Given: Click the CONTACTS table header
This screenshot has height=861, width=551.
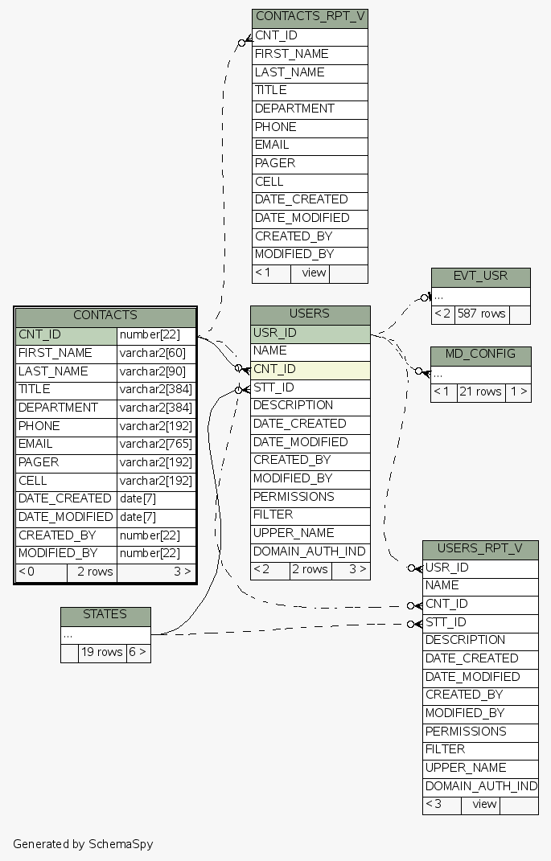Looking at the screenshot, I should [105, 316].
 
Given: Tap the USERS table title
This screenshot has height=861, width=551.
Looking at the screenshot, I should [310, 314].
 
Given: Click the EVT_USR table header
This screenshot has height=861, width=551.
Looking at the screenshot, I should [480, 277].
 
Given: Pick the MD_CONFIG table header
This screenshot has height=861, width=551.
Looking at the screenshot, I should [480, 355].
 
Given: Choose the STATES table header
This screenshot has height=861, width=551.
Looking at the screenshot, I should [105, 615].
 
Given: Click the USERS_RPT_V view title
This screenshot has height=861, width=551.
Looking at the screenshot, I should [479, 550].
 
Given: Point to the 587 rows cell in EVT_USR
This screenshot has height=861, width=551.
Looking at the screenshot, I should [482, 314].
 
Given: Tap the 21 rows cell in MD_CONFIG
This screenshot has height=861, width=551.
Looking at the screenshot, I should [480, 392].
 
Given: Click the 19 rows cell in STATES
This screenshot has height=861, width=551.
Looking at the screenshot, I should [102, 653].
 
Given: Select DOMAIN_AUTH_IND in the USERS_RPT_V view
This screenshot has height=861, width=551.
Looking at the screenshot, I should [480, 786].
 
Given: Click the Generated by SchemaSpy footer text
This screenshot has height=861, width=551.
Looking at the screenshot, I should [83, 844].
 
